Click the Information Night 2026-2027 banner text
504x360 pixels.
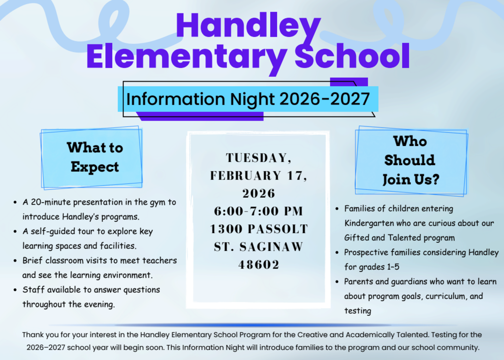(248, 99)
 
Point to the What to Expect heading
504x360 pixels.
(94, 157)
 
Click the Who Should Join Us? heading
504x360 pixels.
(410, 160)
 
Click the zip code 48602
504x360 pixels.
(259, 265)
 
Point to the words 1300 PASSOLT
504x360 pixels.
(259, 229)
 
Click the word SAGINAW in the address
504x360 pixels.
(275, 247)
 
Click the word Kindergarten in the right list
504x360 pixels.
(370, 223)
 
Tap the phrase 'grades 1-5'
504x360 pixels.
(374, 267)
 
